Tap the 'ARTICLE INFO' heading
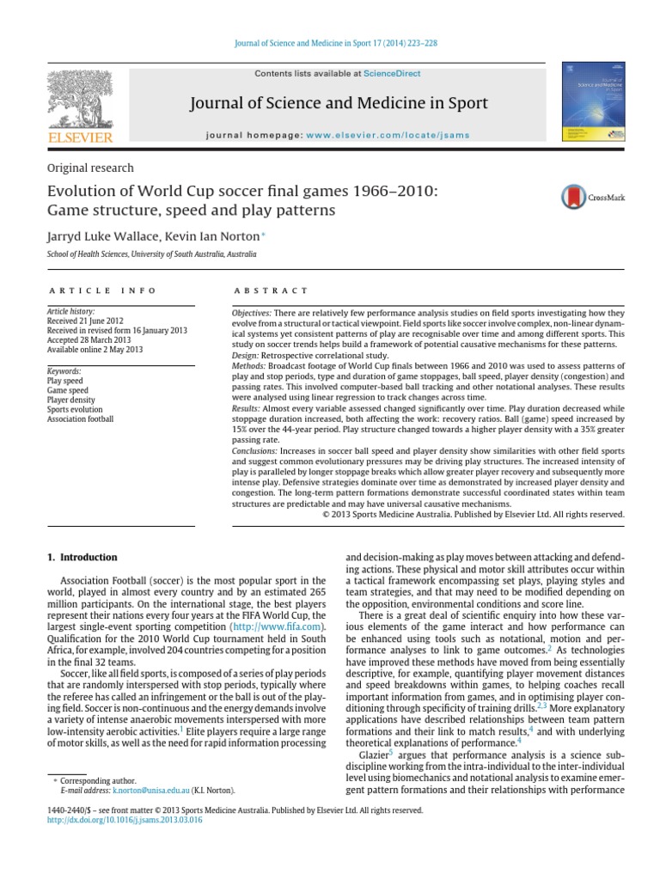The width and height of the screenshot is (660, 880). coord(102,291)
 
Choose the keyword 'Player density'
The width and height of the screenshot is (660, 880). coord(70,400)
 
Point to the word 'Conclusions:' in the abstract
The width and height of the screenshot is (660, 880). coord(255,450)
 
